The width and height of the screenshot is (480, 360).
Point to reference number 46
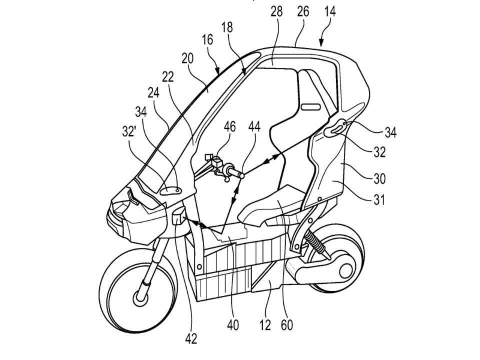(229, 126)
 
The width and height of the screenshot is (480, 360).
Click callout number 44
(254, 126)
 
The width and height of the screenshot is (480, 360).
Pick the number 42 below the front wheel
(191, 338)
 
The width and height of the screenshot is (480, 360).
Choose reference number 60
(286, 325)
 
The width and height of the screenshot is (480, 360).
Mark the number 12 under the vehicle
(265, 325)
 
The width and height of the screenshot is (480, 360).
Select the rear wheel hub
(345, 271)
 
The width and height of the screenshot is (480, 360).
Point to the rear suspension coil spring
(315, 242)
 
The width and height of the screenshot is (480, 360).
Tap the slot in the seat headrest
(311, 107)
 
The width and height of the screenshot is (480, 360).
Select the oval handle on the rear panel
(335, 128)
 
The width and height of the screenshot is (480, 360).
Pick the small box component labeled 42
(179, 216)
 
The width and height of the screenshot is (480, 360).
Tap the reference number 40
(232, 325)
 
